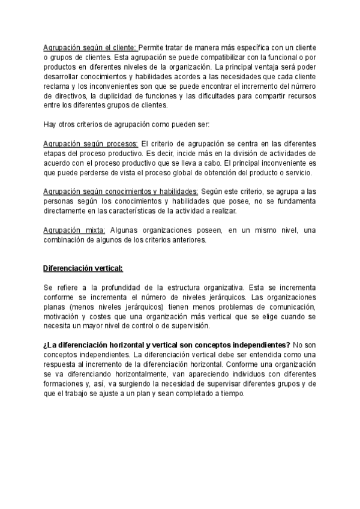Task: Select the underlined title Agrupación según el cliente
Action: [90, 47]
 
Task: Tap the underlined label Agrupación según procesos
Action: [91, 145]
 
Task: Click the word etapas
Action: [55, 154]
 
